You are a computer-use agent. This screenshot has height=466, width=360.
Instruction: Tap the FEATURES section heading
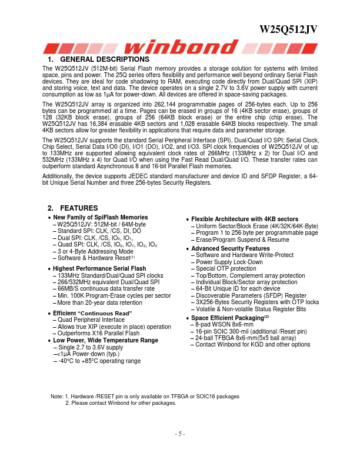(75, 208)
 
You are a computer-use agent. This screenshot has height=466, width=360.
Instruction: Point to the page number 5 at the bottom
(180, 434)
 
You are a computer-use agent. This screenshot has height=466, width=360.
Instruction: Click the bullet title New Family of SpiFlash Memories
(101, 218)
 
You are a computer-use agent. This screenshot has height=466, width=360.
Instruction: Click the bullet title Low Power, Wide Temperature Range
(105, 340)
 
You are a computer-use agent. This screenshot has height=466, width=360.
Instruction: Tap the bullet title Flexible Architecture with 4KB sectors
(245, 219)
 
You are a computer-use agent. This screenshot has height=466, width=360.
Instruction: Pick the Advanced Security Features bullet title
(231, 248)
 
